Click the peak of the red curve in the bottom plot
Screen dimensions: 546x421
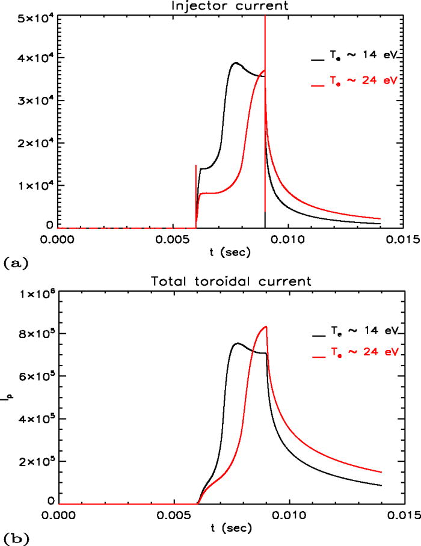click(265, 327)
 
